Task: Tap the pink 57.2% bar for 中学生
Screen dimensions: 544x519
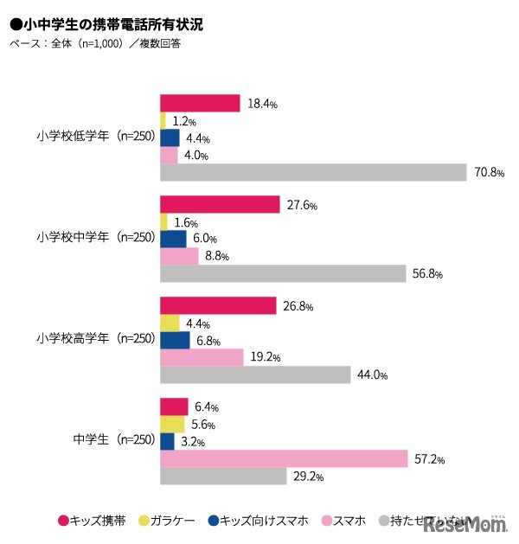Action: pos(284,458)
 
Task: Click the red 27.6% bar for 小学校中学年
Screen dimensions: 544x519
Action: pos(220,205)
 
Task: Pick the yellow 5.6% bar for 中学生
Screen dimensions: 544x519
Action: pos(172,424)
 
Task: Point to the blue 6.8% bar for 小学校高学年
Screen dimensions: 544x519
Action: pos(174,340)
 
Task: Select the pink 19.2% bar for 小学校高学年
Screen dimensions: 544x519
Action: pos(202,357)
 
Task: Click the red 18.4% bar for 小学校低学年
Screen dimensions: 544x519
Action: pos(200,103)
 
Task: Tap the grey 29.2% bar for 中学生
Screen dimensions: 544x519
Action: pos(223,476)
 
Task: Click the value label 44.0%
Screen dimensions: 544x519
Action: pos(371,375)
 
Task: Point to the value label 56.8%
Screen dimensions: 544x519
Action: pos(426,273)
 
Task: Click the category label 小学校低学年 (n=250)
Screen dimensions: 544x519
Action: pos(95,137)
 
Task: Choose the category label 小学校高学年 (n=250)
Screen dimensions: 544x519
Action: pos(95,339)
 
